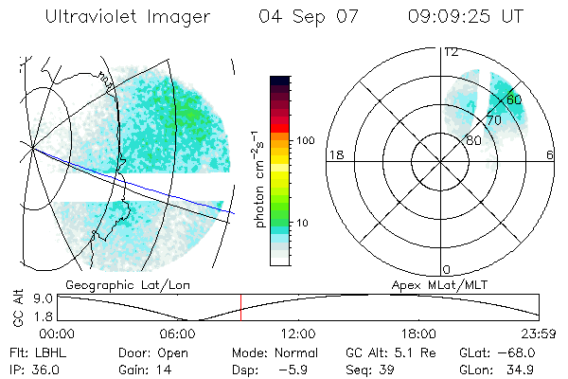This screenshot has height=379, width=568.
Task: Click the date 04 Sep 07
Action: [302, 17]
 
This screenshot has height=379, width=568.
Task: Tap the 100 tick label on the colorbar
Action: [306, 140]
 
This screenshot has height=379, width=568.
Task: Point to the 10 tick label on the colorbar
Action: [303, 224]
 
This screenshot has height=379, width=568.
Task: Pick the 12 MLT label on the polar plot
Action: [452, 52]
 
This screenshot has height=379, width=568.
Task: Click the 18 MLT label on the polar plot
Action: [334, 155]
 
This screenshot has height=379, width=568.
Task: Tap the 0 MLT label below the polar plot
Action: [447, 269]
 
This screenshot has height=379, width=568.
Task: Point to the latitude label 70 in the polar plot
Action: [493, 120]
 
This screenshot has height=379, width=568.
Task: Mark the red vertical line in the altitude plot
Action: [240, 307]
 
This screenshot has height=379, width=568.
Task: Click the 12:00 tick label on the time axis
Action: [298, 334]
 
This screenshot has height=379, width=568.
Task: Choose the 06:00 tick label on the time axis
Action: [178, 334]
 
